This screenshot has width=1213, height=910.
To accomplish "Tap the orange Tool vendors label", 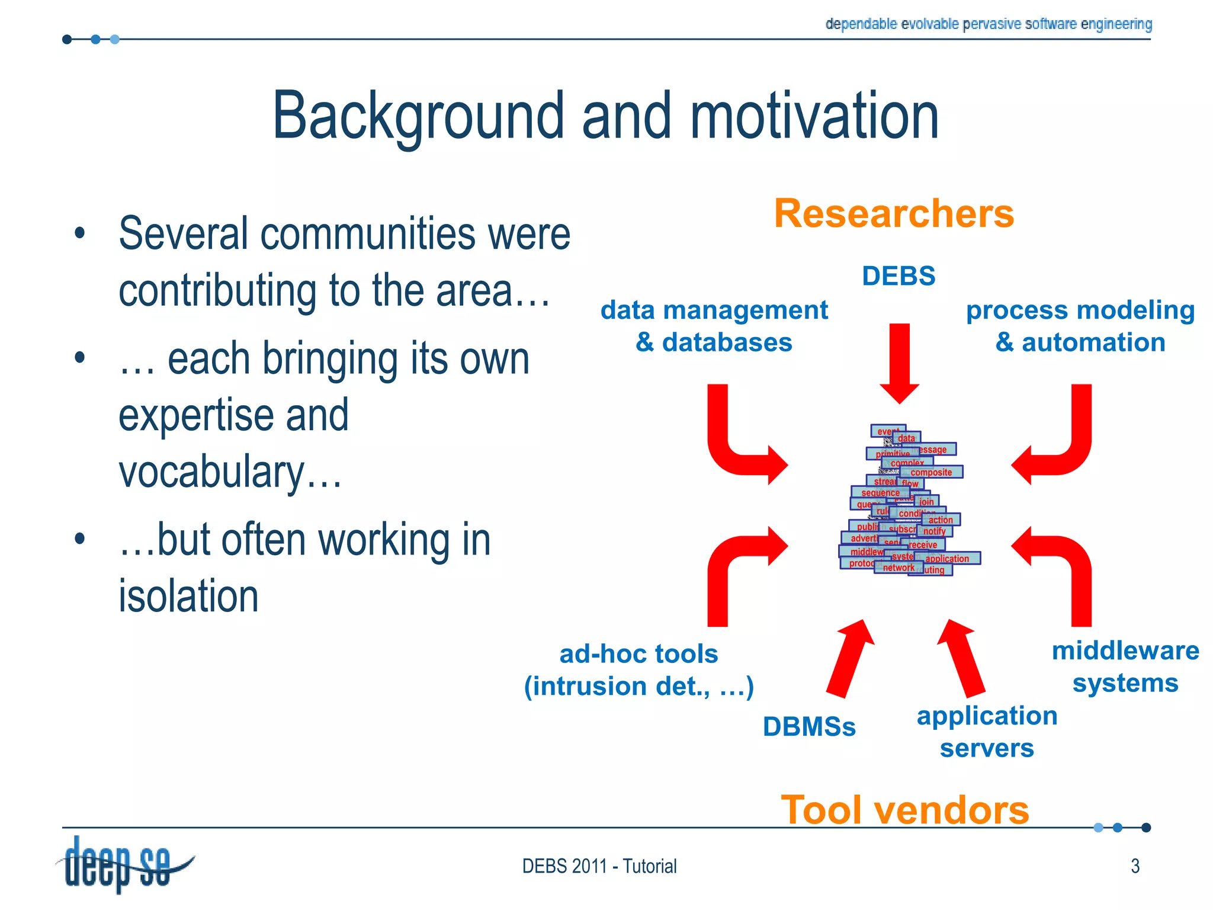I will pos(904,809).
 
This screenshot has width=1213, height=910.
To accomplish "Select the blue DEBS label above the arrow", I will pos(898,276).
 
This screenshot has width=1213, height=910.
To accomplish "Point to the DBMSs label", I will pos(809,727).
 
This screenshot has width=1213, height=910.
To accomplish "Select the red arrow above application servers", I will pos(961,658).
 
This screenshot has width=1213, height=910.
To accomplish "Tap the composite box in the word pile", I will pos(931,472).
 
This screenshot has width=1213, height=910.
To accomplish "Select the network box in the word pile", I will pos(898,568).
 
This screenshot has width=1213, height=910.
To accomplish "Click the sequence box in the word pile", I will pos(880,492).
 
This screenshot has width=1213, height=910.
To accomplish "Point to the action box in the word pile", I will pos(941,520).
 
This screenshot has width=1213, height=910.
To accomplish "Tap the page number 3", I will pos(1135,866).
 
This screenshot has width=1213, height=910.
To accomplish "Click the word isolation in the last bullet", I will pos(188,596).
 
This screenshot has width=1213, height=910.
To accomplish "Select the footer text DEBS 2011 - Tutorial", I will pos(599,866).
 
